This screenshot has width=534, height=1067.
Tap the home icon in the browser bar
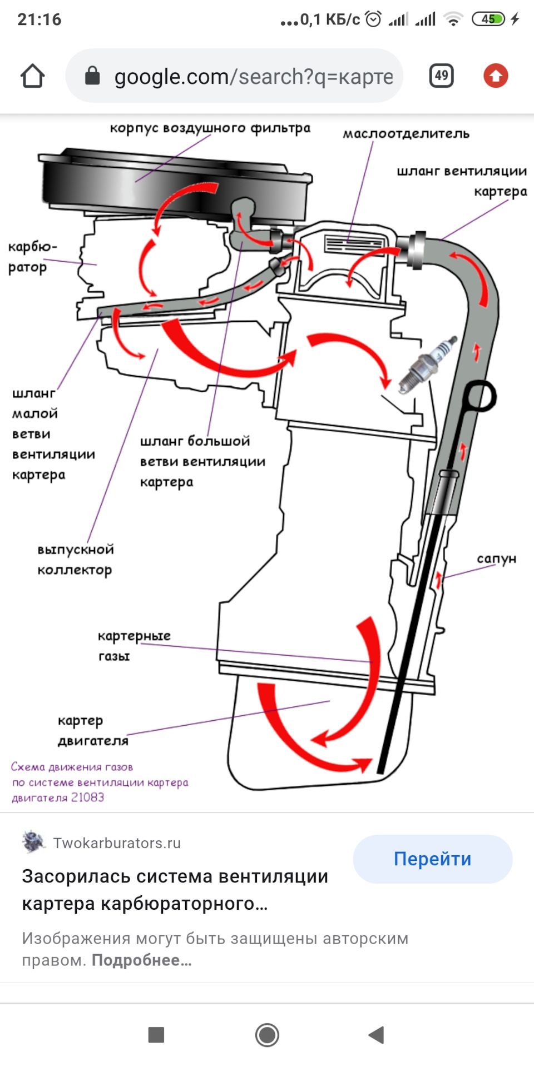click(32, 76)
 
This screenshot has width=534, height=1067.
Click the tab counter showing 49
click(442, 76)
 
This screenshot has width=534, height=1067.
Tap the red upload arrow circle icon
click(496, 76)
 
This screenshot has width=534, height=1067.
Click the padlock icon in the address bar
click(92, 76)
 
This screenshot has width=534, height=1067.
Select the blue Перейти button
click(432, 859)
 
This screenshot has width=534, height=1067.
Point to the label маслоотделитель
click(406, 134)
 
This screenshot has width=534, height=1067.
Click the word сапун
click(496, 559)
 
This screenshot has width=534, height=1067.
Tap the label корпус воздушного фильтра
click(210, 128)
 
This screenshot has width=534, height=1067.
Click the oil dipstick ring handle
click(480, 396)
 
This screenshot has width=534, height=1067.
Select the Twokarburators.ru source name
click(117, 843)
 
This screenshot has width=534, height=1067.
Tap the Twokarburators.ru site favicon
click(33, 842)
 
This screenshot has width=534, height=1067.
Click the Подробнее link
click(141, 960)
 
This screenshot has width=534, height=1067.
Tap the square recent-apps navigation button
click(156, 1035)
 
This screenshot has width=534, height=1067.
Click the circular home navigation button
click(267, 1035)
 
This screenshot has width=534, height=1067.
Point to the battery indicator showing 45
click(488, 19)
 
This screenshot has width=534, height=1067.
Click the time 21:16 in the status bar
click(39, 19)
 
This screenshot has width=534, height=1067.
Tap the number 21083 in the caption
click(87, 797)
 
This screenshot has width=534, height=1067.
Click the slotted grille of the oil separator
click(354, 243)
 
